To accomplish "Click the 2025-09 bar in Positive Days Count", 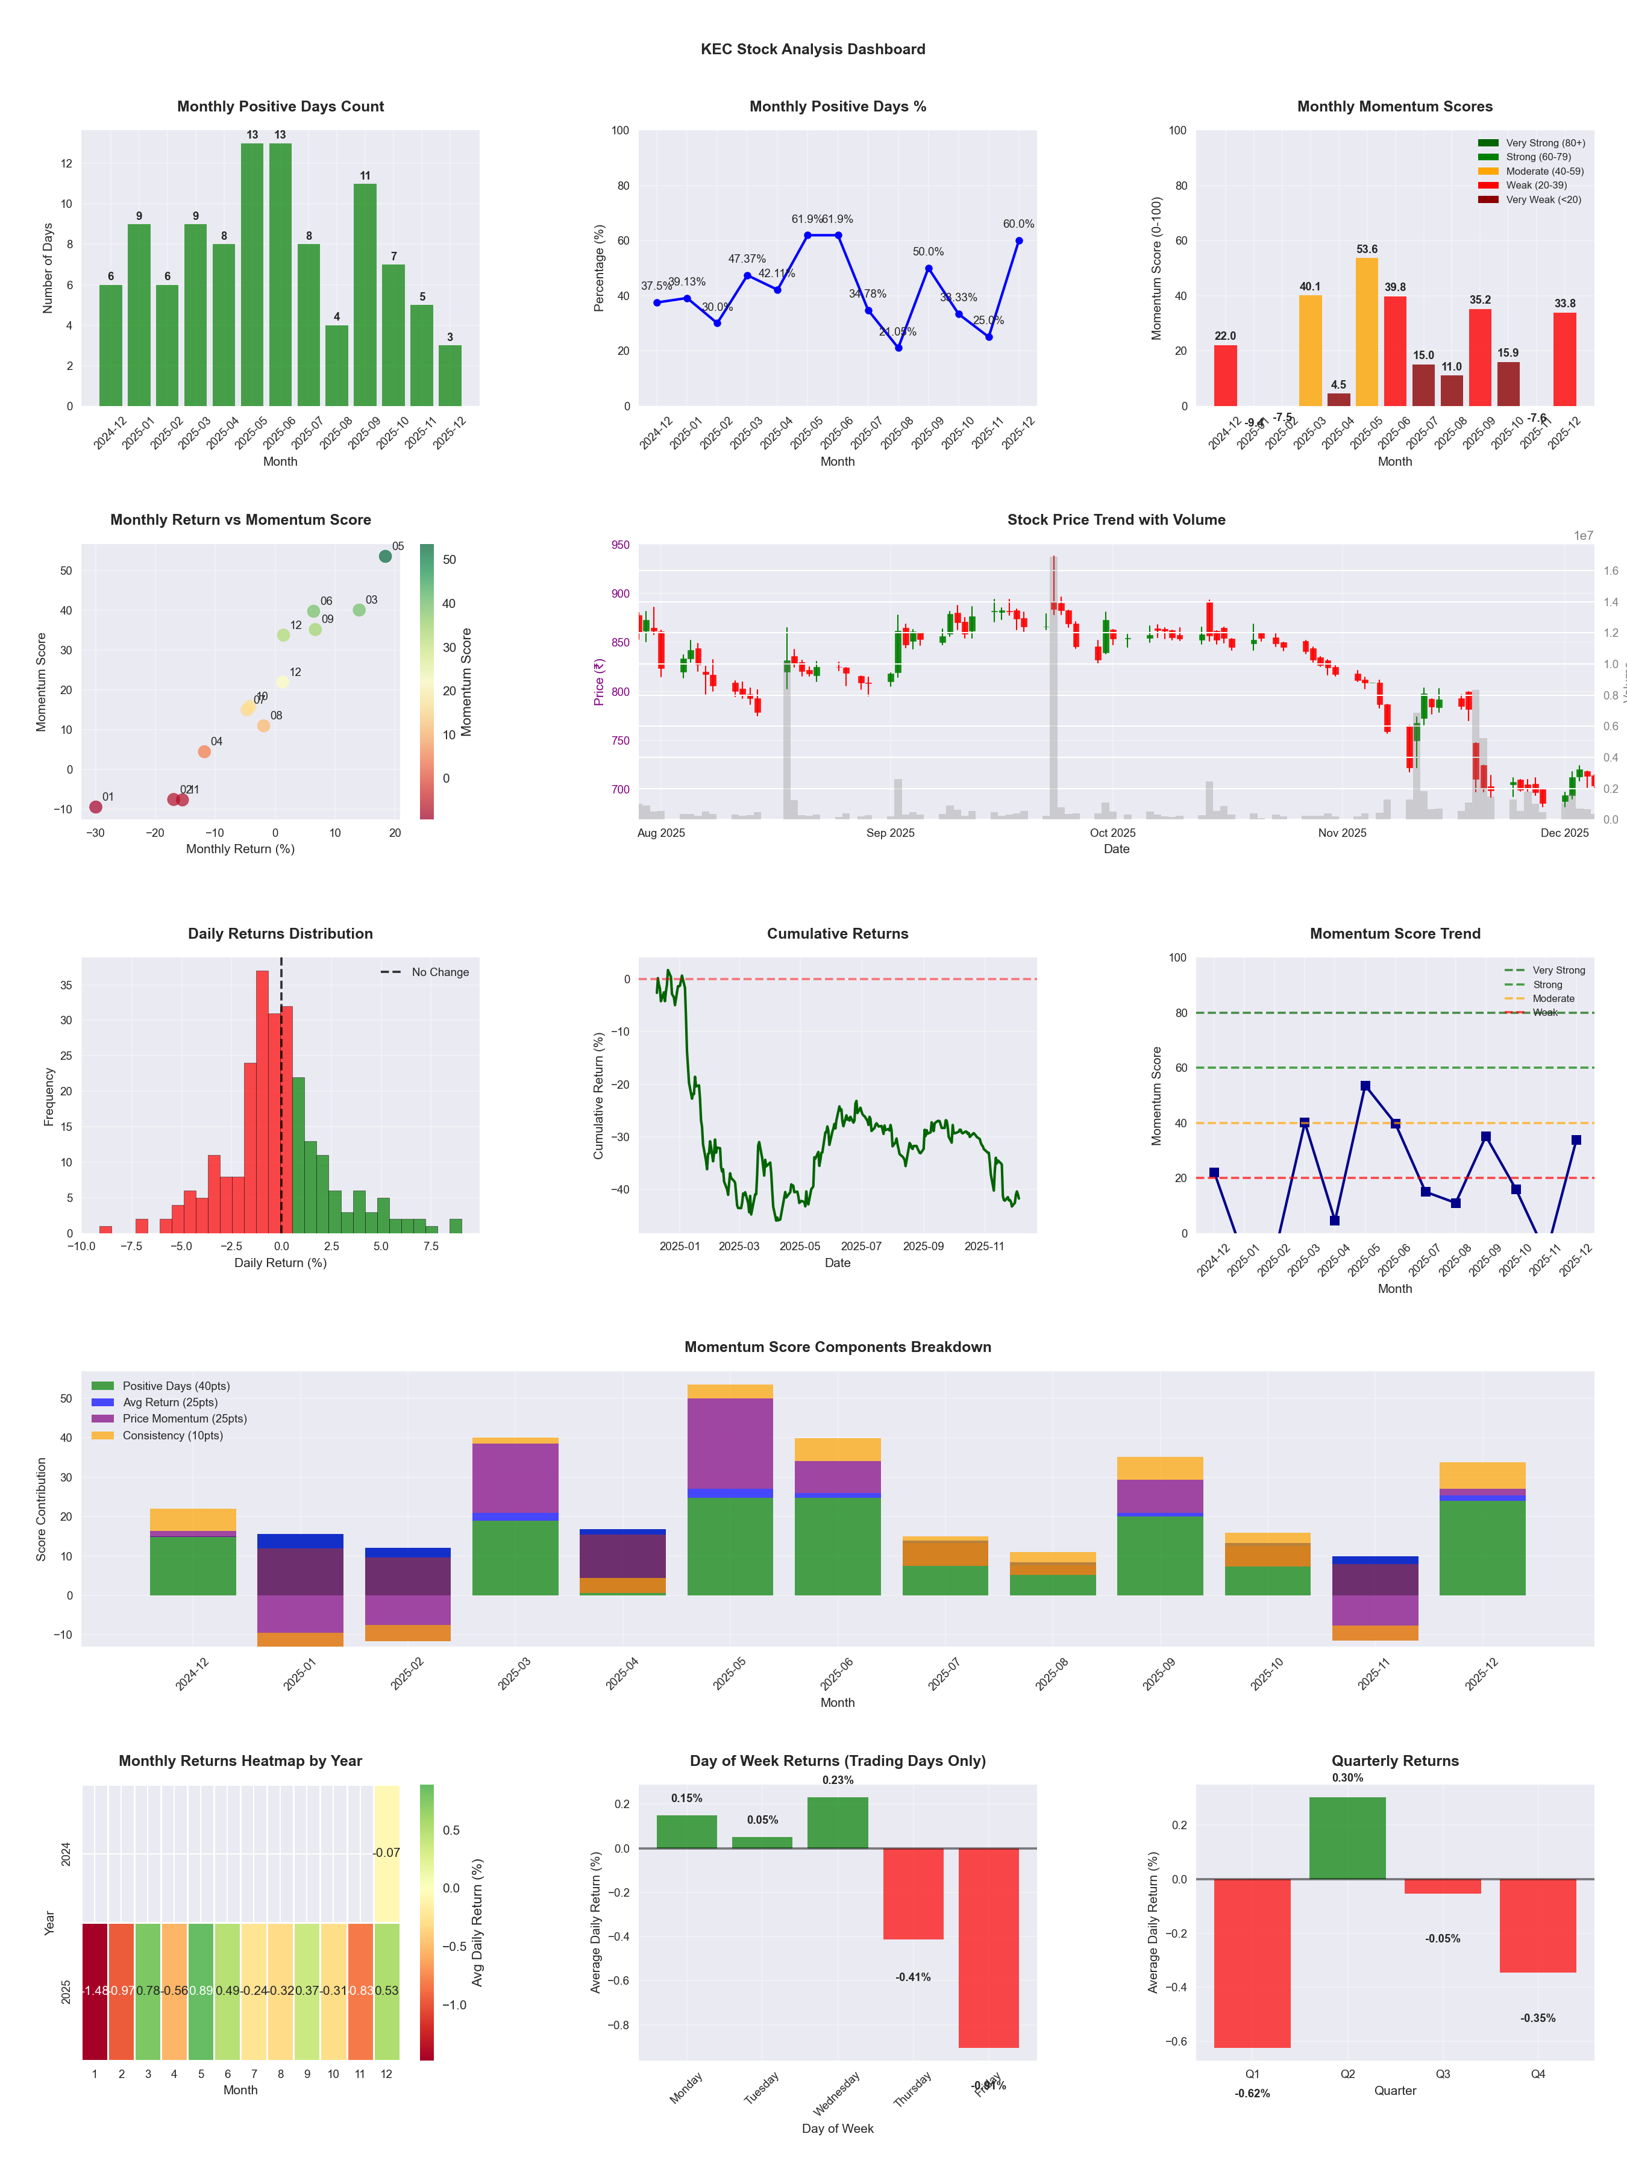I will (x=365, y=294).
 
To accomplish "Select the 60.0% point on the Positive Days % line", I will (x=1019, y=240).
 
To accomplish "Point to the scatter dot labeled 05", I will (x=386, y=556).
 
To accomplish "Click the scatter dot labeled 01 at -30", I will (x=95, y=807).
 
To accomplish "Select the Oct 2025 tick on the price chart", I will (x=1112, y=833).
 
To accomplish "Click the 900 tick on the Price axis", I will (x=620, y=593).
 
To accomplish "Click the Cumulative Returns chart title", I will (x=838, y=933).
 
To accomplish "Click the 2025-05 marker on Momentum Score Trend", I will (x=1365, y=1086).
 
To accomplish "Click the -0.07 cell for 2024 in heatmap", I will (x=386, y=1852).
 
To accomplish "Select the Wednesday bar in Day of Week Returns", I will (x=838, y=1822).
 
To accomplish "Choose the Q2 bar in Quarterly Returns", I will (x=1347, y=1838).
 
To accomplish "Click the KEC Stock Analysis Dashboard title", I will (x=813, y=49).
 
